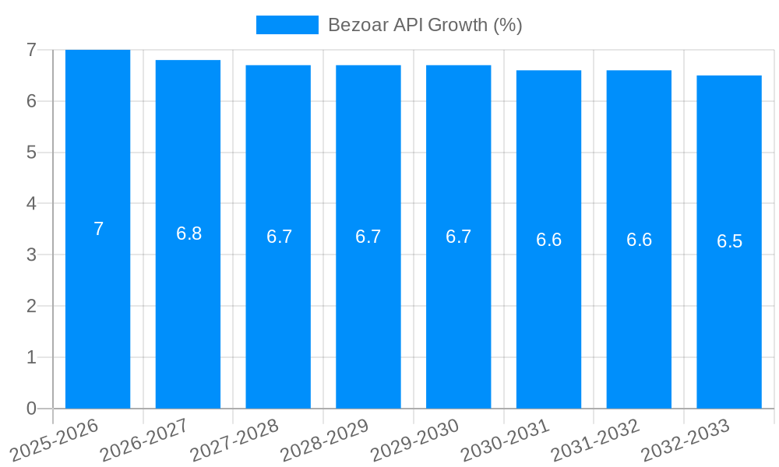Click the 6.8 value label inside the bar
click(x=189, y=233)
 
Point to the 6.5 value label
click(x=729, y=241)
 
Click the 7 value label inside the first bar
click(x=98, y=229)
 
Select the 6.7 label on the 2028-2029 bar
click(x=368, y=237)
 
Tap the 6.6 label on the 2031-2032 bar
click(x=639, y=240)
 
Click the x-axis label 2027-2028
click(x=234, y=439)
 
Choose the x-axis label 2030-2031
click(x=506, y=439)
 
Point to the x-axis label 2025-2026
click(x=55, y=439)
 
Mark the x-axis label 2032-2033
click(x=686, y=439)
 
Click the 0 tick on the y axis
click(x=31, y=409)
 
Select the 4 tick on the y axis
click(x=31, y=204)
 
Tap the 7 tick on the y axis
click(x=31, y=50)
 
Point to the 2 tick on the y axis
click(x=31, y=306)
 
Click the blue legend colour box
click(x=287, y=25)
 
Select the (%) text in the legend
click(x=508, y=25)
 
